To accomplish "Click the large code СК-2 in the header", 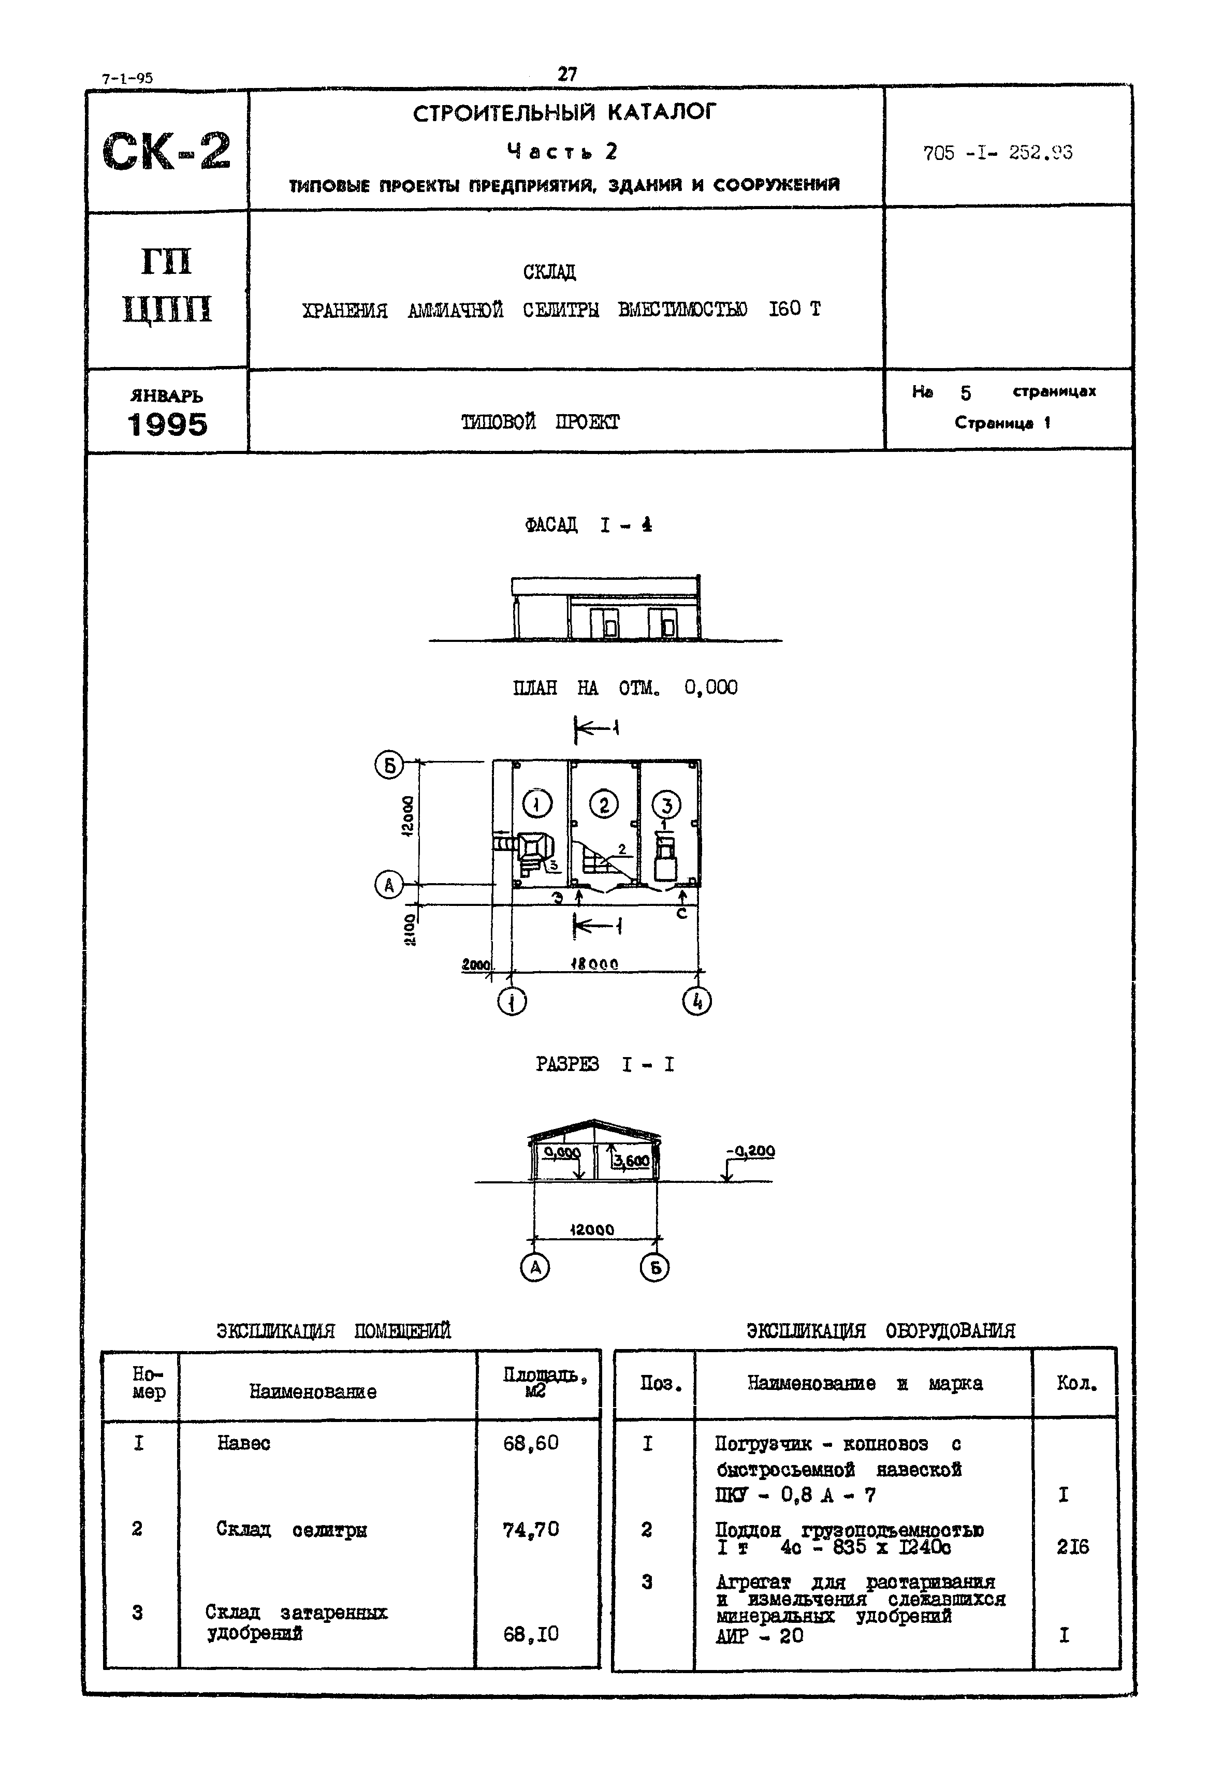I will coord(166,151).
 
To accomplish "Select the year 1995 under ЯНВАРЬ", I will coord(167,424).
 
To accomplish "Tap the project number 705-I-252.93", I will coord(997,153).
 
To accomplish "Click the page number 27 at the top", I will coord(567,75).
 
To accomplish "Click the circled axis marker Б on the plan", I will coord(388,764).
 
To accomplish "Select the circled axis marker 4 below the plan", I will coord(696,1001).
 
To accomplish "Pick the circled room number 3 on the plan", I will coord(666,805).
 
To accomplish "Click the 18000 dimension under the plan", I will coord(594,964).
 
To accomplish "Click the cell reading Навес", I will coord(244,1444).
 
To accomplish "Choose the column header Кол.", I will coord(1076,1383).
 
